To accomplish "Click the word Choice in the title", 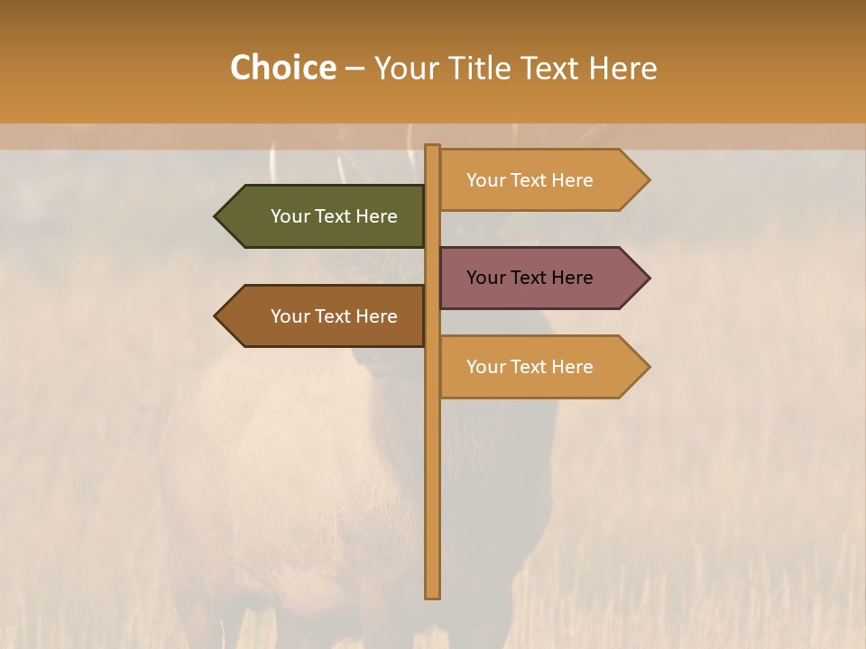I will coord(282,68).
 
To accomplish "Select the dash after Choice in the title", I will coord(355,69).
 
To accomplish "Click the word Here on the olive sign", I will coord(376,216).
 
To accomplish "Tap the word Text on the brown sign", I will coord(334,316).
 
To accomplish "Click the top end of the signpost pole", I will coord(432,147).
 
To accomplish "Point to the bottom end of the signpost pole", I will coord(432,596).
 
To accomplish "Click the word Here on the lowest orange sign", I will coord(572,367).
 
